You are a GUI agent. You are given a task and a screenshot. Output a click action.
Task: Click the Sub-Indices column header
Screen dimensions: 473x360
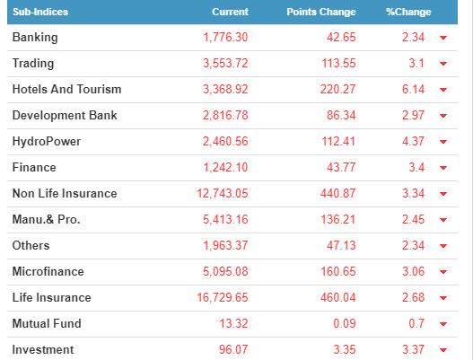pos(40,12)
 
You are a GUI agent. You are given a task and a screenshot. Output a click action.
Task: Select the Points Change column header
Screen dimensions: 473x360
pos(321,12)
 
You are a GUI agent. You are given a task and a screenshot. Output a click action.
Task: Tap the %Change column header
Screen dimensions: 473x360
pos(408,12)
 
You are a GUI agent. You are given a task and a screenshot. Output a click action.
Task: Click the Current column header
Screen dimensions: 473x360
pos(230,12)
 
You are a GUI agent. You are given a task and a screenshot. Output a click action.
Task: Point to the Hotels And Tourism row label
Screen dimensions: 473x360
pos(66,89)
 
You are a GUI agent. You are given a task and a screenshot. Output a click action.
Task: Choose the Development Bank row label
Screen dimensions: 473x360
pos(65,115)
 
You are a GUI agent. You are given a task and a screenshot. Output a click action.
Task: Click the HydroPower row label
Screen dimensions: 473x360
pos(47,142)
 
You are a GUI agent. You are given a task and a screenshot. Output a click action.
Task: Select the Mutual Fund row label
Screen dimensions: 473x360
pos(47,323)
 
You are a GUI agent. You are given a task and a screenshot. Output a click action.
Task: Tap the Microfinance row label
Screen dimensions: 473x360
pos(48,272)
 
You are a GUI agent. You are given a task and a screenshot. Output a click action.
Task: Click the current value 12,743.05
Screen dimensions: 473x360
pos(223,193)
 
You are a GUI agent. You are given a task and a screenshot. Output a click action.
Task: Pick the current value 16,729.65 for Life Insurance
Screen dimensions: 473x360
pos(223,297)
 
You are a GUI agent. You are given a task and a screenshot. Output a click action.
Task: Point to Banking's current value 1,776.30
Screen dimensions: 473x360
pos(225,38)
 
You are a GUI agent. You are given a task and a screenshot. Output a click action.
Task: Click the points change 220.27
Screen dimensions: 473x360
pos(337,89)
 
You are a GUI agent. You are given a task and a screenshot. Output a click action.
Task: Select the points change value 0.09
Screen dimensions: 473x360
pos(345,323)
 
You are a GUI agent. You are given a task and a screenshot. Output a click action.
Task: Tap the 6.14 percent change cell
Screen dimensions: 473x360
pos(413,89)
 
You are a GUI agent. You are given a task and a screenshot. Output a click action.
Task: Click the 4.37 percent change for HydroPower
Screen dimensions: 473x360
pos(413,142)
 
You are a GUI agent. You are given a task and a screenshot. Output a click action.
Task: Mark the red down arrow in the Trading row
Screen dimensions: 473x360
pos(443,64)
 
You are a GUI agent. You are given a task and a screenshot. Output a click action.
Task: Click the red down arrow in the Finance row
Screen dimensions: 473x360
pos(443,168)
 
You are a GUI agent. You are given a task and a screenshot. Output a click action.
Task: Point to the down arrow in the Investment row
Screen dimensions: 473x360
pos(443,350)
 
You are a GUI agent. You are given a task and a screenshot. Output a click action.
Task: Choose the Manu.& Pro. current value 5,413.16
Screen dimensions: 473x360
pos(225,219)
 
